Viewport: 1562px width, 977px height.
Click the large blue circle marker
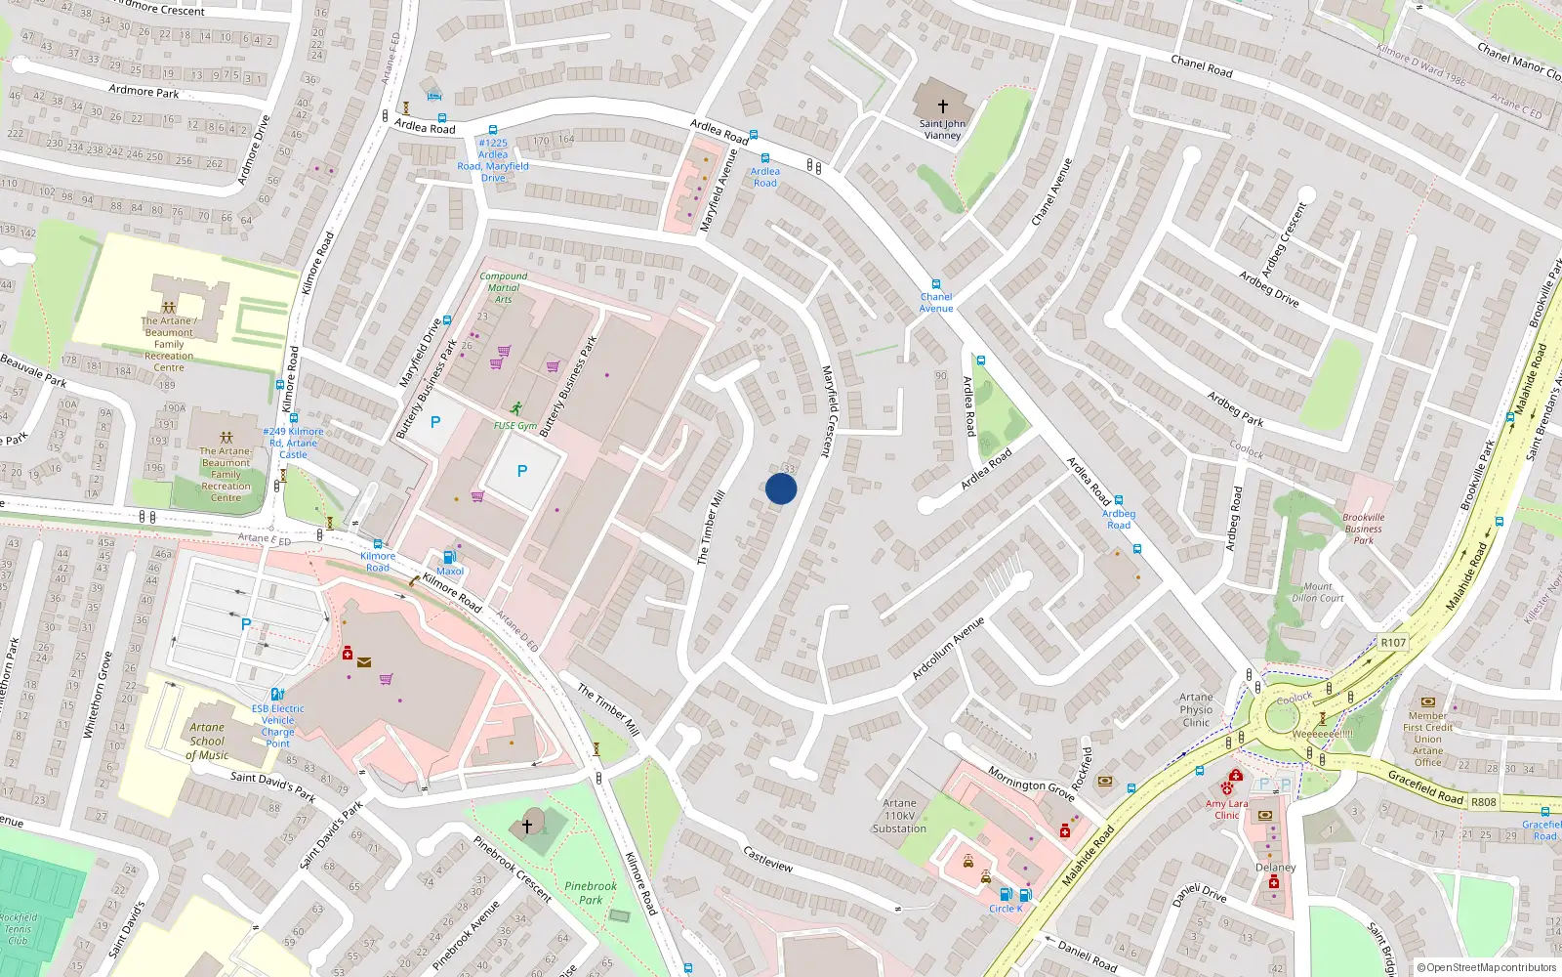pos(781,488)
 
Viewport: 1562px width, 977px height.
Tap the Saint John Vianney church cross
pos(943,106)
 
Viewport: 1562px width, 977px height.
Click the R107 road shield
pos(1393,642)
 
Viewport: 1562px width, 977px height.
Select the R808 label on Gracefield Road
pos(1483,802)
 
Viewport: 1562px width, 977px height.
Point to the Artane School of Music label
pos(207,741)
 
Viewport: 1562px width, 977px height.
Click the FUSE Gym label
pos(514,426)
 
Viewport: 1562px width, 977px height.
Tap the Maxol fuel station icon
pos(449,557)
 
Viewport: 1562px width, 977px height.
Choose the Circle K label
pos(1006,909)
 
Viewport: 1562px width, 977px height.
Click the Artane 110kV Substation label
pos(899,816)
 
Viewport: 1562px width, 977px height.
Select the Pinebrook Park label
pos(591,893)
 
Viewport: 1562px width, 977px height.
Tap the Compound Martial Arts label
pos(504,287)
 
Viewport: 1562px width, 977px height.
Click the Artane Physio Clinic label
pos(1196,710)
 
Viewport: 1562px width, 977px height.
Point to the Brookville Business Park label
pos(1363,529)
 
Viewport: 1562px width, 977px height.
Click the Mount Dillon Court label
pos(1318,592)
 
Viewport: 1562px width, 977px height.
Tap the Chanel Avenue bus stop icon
pos(936,284)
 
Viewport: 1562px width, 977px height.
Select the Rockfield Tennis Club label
pos(18,929)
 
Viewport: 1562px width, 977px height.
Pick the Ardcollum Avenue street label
pos(948,649)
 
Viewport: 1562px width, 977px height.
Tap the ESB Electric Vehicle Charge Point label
pos(278,726)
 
